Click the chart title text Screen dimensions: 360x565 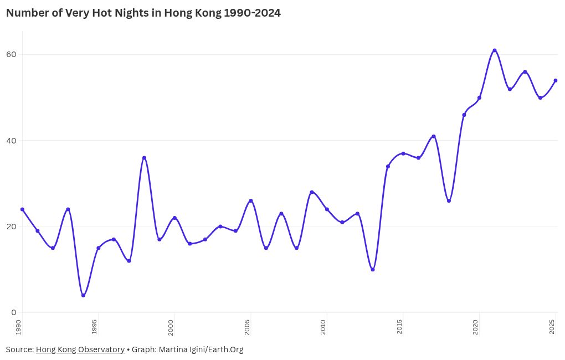click(143, 13)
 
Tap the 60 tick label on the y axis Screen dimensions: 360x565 click(12, 54)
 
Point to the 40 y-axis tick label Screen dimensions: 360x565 click(12, 141)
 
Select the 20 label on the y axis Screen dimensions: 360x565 click(12, 227)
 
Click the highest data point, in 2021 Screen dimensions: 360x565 click(495, 50)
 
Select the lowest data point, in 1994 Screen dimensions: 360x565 click(83, 295)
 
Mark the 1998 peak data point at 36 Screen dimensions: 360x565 click(144, 158)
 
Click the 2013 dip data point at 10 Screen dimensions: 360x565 click(373, 270)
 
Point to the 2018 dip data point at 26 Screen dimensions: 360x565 click(449, 200)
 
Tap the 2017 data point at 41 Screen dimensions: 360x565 click(434, 136)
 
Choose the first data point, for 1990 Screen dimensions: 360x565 click(22, 209)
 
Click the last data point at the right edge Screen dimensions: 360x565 click(556, 80)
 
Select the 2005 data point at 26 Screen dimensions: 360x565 click(251, 200)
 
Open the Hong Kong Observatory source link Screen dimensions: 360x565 click(80, 349)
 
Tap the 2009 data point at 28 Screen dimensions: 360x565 click(312, 192)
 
